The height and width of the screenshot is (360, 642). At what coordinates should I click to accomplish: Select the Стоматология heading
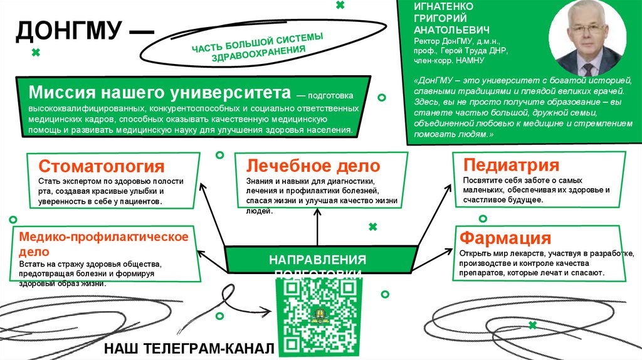pos(102,166)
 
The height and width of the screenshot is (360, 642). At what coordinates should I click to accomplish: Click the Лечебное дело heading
pos(313,166)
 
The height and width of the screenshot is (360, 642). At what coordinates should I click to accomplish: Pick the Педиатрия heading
pos(511,165)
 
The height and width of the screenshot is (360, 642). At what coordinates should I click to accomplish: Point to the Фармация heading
pos(505,238)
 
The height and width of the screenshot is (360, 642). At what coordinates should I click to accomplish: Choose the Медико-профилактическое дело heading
pos(104,243)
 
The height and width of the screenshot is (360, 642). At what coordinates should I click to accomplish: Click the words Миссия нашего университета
pos(160,93)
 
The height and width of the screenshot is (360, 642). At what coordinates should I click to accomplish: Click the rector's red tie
pos(588,66)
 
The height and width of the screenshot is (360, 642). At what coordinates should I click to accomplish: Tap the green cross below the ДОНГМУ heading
pos(36,53)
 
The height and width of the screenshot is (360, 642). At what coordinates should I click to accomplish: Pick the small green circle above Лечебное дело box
pos(219,154)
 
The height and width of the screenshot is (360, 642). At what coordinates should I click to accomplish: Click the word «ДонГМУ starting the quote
pos(433,82)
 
